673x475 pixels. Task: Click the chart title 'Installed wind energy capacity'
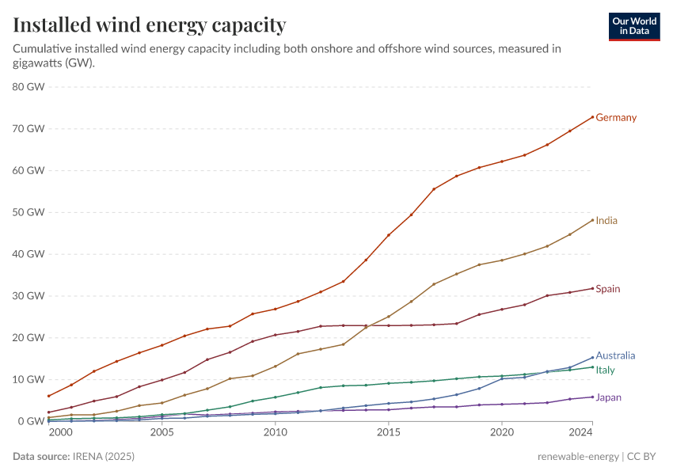point(149,25)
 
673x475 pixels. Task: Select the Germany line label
point(615,118)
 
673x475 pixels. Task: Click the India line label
point(606,221)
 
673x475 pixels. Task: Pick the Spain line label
point(607,289)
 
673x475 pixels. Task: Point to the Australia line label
point(614,356)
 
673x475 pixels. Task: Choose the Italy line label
point(605,370)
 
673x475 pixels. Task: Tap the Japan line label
point(608,397)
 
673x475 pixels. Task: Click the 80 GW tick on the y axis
point(29,87)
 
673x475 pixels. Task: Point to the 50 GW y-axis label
point(29,212)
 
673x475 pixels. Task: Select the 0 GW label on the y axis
point(32,421)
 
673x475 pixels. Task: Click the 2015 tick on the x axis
point(388,434)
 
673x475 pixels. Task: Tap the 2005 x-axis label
point(162,434)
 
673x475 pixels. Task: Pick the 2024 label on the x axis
point(580,434)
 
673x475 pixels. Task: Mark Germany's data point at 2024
point(592,117)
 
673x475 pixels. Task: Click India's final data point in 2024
point(592,220)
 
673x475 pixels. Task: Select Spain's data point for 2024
point(592,288)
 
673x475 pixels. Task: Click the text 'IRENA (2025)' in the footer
point(97,457)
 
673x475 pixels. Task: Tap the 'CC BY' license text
point(644,457)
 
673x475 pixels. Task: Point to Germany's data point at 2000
point(48,396)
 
